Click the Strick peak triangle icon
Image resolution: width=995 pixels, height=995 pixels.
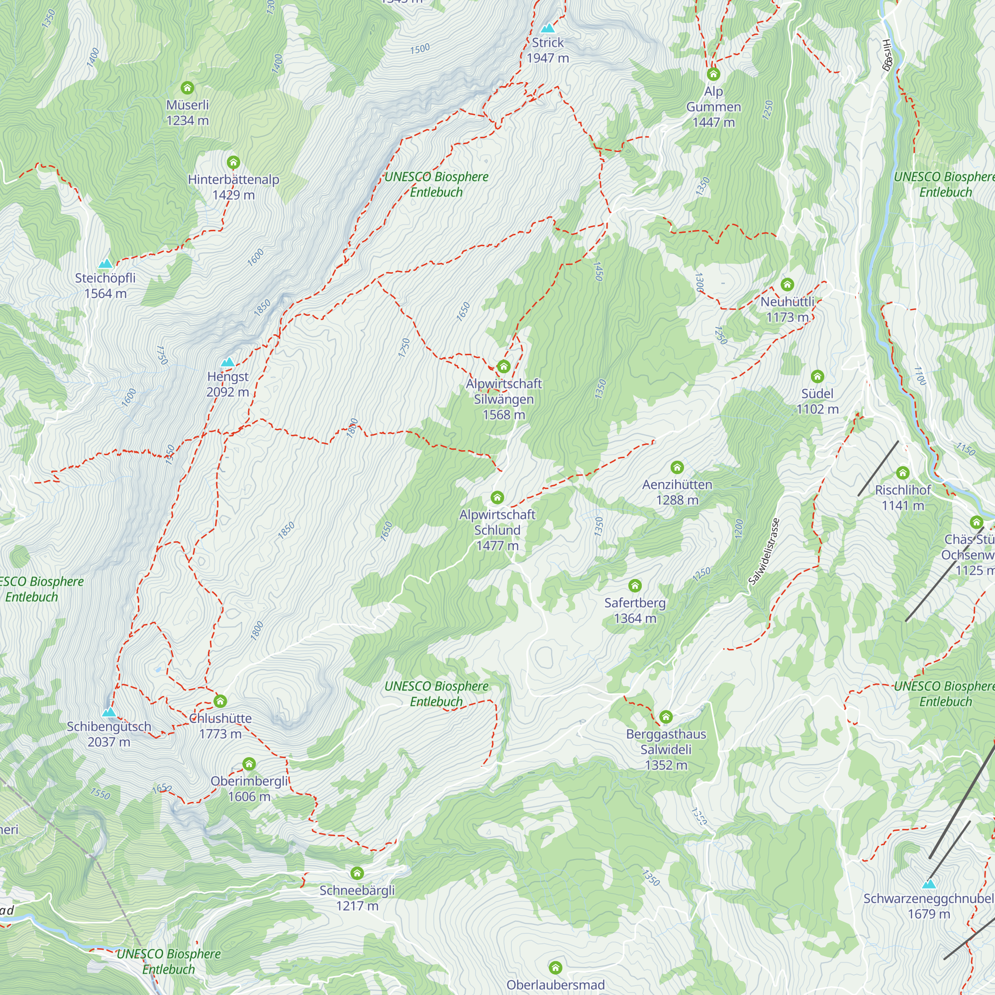[548, 28]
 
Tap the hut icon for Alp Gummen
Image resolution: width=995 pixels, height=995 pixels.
[713, 75]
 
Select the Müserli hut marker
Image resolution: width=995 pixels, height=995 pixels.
[188, 88]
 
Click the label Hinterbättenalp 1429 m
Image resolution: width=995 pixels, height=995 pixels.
[233, 187]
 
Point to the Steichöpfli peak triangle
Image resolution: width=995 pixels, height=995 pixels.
[105, 264]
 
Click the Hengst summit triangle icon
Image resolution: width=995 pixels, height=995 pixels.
[228, 363]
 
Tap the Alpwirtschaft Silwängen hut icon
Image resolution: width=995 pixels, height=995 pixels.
[503, 367]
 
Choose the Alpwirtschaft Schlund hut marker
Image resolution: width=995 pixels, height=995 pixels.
[497, 497]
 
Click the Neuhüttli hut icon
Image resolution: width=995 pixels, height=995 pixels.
[787, 285]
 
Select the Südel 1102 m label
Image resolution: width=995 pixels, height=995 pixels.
[817, 401]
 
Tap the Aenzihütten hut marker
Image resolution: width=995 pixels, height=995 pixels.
[677, 468]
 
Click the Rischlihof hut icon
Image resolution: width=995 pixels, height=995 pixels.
[903, 473]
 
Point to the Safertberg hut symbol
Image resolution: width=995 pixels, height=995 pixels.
[635, 586]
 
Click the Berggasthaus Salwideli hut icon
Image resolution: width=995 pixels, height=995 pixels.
[666, 717]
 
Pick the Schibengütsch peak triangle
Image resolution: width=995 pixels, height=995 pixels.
[108, 713]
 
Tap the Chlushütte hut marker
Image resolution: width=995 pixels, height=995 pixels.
[220, 701]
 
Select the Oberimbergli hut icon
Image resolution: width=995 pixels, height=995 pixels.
[249, 764]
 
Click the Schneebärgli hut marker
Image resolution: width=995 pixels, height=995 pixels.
[357, 873]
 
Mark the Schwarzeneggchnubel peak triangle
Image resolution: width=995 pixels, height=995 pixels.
[929, 884]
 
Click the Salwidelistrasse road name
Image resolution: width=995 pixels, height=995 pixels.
[764, 552]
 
